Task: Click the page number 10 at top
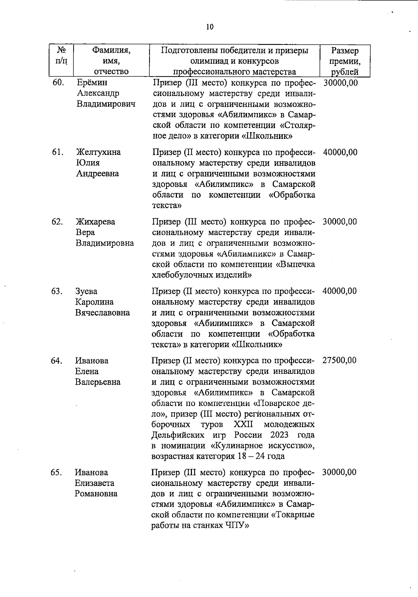click(210, 27)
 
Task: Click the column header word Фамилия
click(111, 51)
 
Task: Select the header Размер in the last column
click(345, 51)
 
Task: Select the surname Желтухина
click(99, 152)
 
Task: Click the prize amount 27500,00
click(339, 360)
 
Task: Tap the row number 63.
click(57, 291)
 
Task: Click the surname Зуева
click(86, 291)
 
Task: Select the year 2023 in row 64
click(279, 435)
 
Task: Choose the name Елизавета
click(94, 483)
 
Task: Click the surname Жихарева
click(95, 222)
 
